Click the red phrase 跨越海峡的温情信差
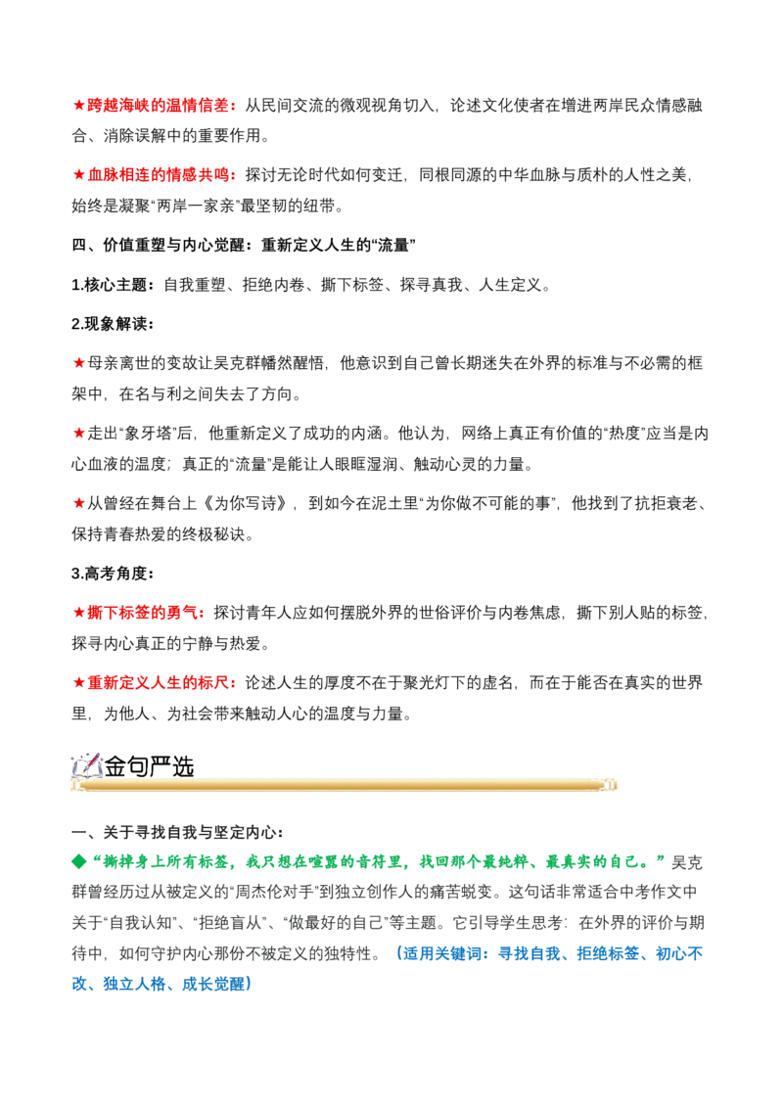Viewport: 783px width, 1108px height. pyautogui.click(x=159, y=106)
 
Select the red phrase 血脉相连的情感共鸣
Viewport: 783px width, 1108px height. pyautogui.click(x=159, y=174)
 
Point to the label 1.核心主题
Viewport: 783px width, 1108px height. pyautogui.click(x=109, y=285)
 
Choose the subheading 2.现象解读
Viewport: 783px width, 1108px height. pyautogui.click(x=109, y=324)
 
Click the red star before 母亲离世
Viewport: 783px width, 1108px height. pyautogui.click(x=78, y=363)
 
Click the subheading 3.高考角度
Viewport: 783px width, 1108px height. pyautogui.click(x=109, y=573)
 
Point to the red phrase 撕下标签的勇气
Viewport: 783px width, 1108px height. pyautogui.click(x=143, y=613)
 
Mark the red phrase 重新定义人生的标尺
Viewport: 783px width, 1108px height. pyautogui.click(x=159, y=682)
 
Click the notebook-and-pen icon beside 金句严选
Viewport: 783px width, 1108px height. pyautogui.click(x=87, y=766)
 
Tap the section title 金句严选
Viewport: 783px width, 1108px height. pyautogui.click(x=149, y=766)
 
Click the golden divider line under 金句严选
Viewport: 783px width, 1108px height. pyautogui.click(x=345, y=785)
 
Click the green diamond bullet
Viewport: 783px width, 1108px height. pyautogui.click(x=79, y=862)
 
